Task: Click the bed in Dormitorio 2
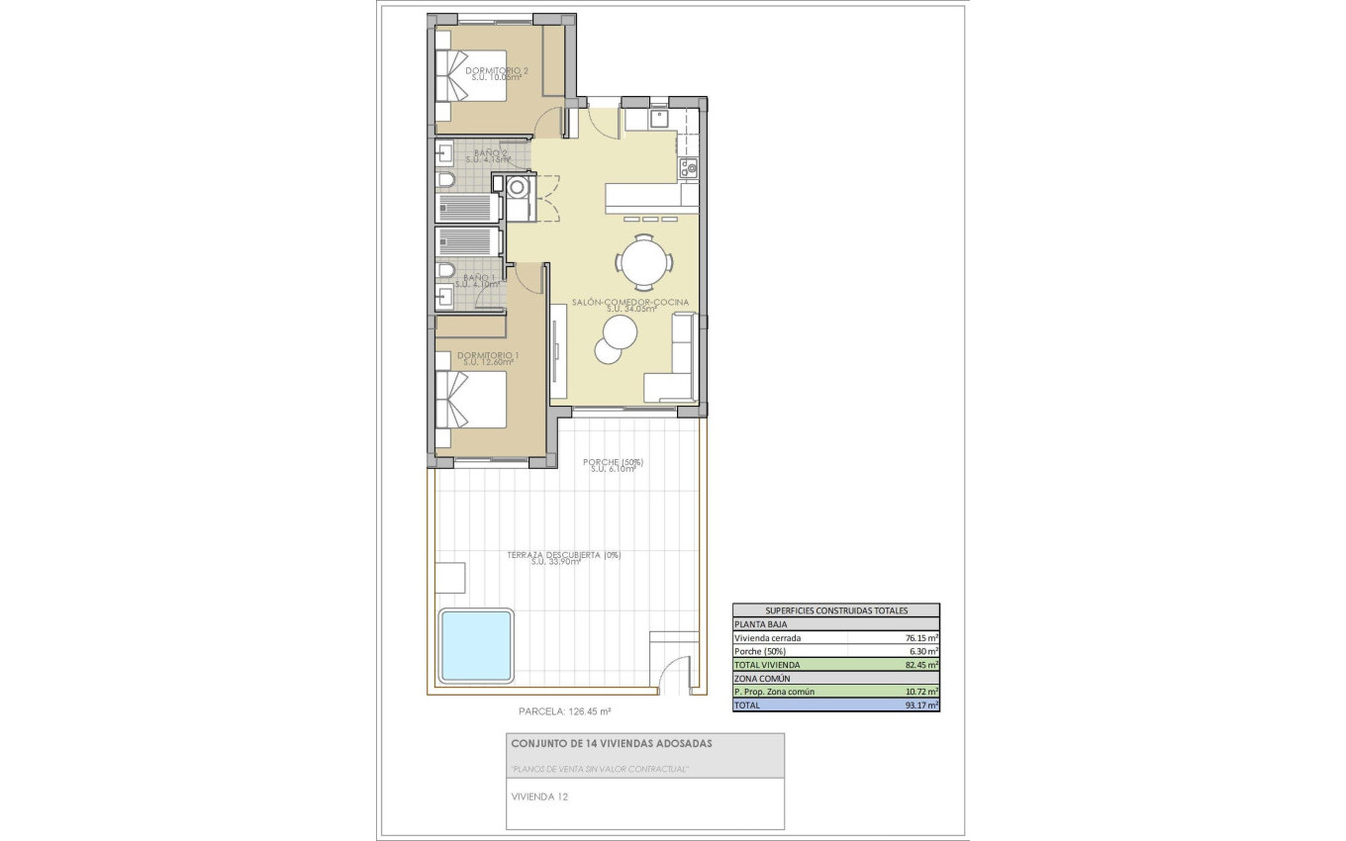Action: click(472, 76)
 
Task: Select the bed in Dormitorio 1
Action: click(472, 399)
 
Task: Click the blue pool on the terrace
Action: click(476, 644)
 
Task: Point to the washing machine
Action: click(516, 187)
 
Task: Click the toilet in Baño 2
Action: click(445, 180)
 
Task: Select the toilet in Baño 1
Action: click(445, 270)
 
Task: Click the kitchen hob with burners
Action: click(689, 168)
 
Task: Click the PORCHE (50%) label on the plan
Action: click(613, 462)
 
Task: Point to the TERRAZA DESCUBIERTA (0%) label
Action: click(563, 556)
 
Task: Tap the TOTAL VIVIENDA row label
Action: click(768, 665)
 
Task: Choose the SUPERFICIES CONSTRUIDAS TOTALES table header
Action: click(835, 610)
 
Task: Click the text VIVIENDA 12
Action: click(539, 795)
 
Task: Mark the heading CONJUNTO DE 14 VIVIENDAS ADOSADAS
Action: click(611, 743)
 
